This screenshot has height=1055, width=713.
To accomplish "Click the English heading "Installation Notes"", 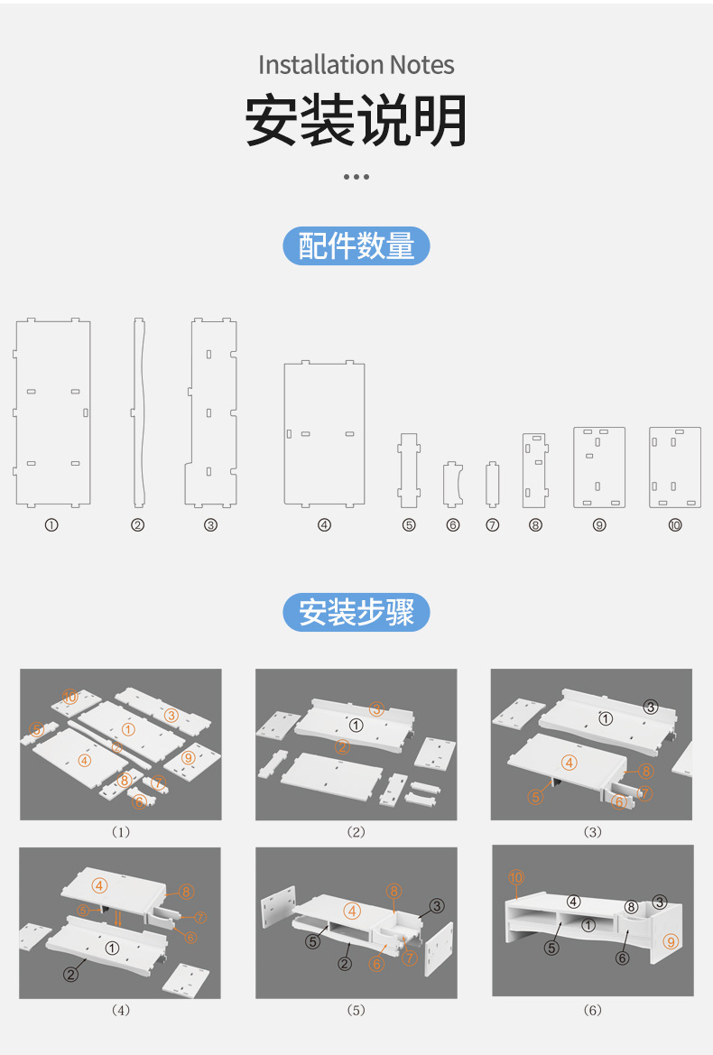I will click(x=356, y=65).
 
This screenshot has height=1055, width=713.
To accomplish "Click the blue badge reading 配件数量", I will click(x=356, y=245).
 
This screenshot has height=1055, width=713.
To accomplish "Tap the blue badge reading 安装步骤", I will click(x=356, y=613).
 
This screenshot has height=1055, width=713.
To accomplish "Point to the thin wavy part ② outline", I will click(x=138, y=412).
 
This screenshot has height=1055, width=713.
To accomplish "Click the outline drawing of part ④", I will click(x=324, y=433).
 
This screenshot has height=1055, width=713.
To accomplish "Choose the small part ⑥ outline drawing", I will click(x=452, y=485).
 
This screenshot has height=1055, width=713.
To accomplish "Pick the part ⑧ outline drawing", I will click(x=534, y=470).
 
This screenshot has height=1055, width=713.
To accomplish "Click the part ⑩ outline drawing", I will click(x=675, y=467).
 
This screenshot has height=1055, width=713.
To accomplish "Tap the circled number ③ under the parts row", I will click(x=210, y=525).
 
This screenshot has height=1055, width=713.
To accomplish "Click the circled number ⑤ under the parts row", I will click(x=409, y=525).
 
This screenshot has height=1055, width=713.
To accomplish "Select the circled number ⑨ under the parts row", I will click(x=599, y=525).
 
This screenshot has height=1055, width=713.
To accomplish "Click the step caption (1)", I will click(x=120, y=832).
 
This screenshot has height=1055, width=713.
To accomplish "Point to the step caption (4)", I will click(x=120, y=1010).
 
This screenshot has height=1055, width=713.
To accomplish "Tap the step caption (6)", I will click(x=592, y=1010).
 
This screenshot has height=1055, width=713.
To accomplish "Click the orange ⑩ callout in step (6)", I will click(x=515, y=876).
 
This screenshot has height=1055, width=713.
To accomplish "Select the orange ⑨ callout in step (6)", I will click(x=670, y=941).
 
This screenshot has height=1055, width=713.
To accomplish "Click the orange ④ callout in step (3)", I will click(x=569, y=763).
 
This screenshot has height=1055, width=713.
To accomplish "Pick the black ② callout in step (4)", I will click(x=70, y=974).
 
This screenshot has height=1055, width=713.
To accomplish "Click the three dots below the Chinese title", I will click(x=356, y=177).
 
